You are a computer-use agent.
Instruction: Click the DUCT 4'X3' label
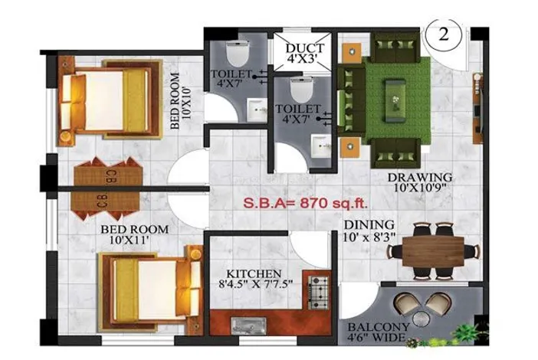pyautogui.click(x=302, y=53)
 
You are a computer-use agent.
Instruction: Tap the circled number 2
pyautogui.click(x=443, y=34)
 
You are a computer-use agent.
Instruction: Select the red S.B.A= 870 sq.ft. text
pyautogui.click(x=305, y=203)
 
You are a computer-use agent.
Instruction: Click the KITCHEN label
pyautogui.click(x=254, y=273)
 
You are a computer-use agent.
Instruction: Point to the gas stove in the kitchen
pyautogui.click(x=317, y=293)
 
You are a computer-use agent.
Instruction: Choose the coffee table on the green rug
pyautogui.click(x=395, y=101)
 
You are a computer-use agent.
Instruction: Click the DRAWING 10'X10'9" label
pyautogui.click(x=420, y=182)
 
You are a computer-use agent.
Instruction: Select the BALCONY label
pyautogui.click(x=379, y=327)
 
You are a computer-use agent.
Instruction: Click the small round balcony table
pyautogui.click(x=421, y=319)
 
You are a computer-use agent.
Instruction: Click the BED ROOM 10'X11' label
pyautogui.click(x=135, y=234)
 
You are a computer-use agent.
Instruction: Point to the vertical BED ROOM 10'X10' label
pyautogui.click(x=180, y=100)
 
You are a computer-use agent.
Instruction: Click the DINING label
pyautogui.click(x=369, y=225)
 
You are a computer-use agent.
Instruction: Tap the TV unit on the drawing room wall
pyautogui.click(x=477, y=108)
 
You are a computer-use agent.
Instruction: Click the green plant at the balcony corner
pyautogui.click(x=467, y=332)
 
